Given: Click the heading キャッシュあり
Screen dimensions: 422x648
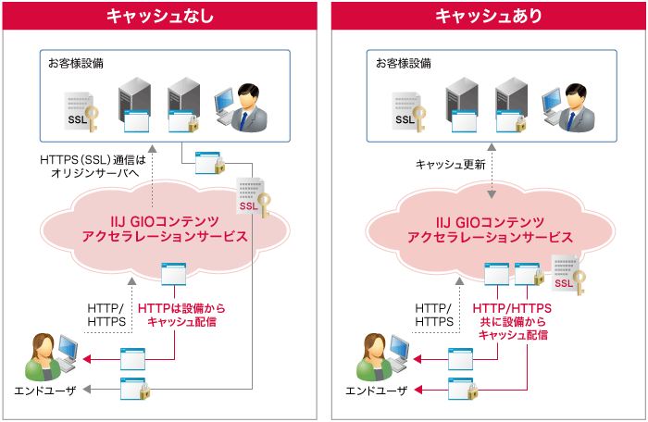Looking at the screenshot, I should (488, 16).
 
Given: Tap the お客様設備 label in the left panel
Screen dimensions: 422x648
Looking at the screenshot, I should (77, 64).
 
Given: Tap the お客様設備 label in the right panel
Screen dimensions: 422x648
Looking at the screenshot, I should (403, 64).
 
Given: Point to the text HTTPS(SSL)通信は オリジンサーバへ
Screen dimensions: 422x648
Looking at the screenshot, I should (93, 168).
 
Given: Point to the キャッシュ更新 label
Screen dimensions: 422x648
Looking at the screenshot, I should (450, 165).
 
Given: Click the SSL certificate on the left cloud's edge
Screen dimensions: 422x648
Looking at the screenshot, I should (252, 197).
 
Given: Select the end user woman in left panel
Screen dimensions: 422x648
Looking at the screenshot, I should (47, 356).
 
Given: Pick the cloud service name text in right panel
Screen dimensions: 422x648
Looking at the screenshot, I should (490, 228).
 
